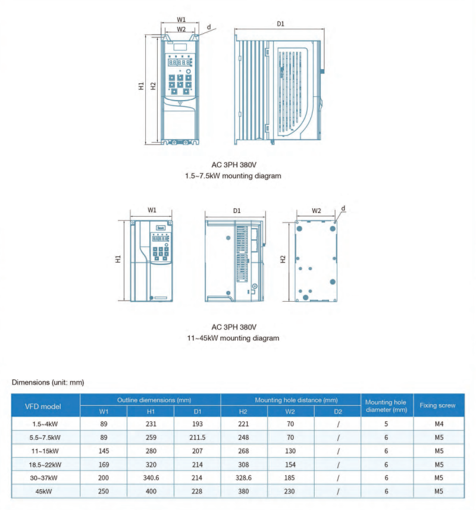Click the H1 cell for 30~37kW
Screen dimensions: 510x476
coord(151,478)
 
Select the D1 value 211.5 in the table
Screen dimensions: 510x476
coord(198,437)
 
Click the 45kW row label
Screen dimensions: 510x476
coord(45,492)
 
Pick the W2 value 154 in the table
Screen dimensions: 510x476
coord(290,464)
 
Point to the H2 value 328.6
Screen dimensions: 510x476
coord(243,478)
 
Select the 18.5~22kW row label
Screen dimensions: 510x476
coord(45,464)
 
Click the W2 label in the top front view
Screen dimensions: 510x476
coord(181,29)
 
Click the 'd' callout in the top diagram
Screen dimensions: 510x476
coord(209,27)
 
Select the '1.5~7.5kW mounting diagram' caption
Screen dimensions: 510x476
coord(234,176)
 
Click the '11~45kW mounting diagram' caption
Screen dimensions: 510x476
coord(234,338)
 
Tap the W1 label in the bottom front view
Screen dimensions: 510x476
coord(152,210)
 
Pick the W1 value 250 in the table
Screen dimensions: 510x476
coord(104,492)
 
